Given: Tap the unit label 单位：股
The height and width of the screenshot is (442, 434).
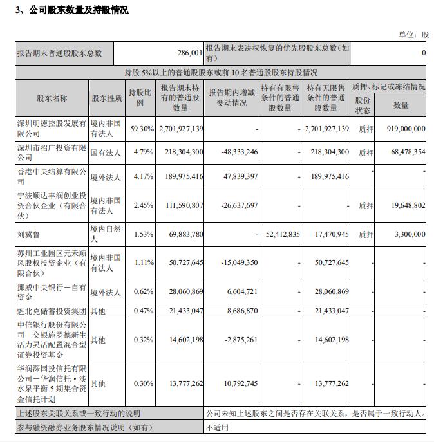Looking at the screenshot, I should (x=414, y=34).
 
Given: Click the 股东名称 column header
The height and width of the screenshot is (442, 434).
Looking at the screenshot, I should (x=52, y=98).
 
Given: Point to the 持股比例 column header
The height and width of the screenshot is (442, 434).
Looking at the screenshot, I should (x=140, y=98).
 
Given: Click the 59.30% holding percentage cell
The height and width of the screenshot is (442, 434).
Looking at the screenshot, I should (x=142, y=129).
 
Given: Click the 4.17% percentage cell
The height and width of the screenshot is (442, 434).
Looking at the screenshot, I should (x=142, y=176).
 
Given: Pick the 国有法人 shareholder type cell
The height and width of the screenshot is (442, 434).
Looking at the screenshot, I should (x=106, y=152).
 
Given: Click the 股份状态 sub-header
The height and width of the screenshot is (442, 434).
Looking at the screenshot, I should (x=363, y=105).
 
